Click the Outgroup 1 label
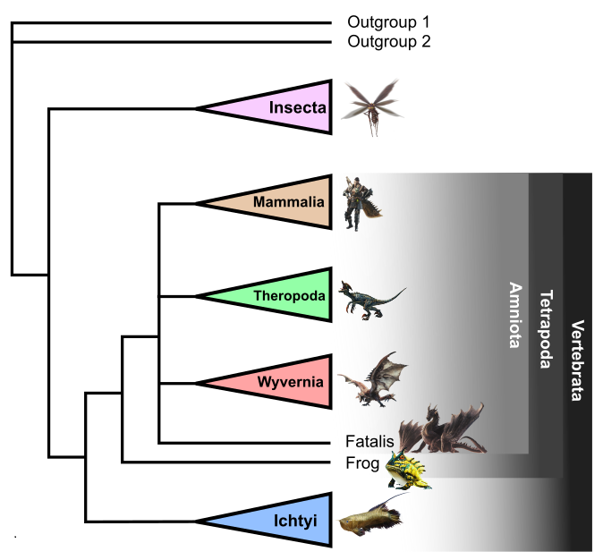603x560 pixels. (x=388, y=21)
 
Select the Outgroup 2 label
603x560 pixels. (x=388, y=41)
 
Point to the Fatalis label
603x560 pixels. (x=369, y=441)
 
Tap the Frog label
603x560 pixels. (x=362, y=462)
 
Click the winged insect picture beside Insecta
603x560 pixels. (x=370, y=106)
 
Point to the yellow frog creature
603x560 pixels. (x=408, y=471)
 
